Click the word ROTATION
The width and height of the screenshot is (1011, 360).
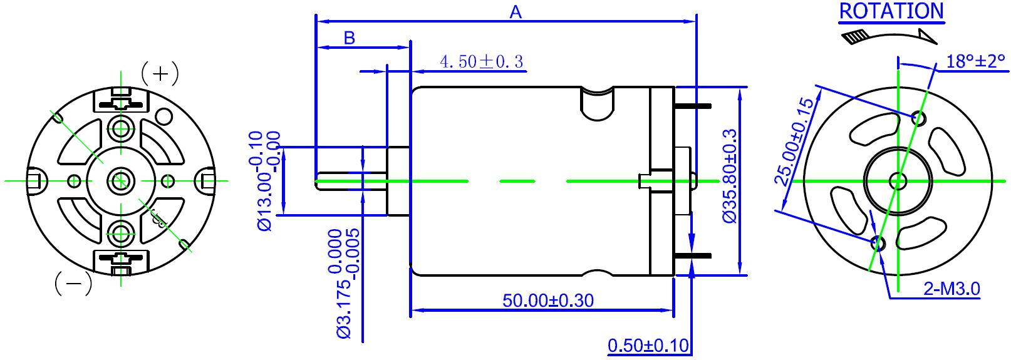pos(891,11)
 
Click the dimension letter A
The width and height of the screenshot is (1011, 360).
pos(516,12)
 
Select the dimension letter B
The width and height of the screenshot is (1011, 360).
pos(350,38)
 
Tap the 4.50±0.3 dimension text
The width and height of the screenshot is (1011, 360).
pos(481,61)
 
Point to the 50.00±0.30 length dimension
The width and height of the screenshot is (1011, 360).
pos(548,300)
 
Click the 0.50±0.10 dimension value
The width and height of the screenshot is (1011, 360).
pos(648,345)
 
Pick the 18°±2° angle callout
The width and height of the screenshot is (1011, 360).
pos(975,61)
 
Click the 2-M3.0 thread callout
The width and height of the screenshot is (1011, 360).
pos(951,289)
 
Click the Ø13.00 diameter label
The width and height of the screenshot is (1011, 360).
pos(264,181)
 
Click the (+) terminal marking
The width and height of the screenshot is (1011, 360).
pos(160,74)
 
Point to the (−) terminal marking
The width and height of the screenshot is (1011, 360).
pos(74,283)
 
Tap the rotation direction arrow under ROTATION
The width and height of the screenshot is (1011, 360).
pos(889,36)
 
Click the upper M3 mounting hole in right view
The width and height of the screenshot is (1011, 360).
pos(919,117)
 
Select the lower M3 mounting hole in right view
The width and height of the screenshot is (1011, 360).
pos(877,243)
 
